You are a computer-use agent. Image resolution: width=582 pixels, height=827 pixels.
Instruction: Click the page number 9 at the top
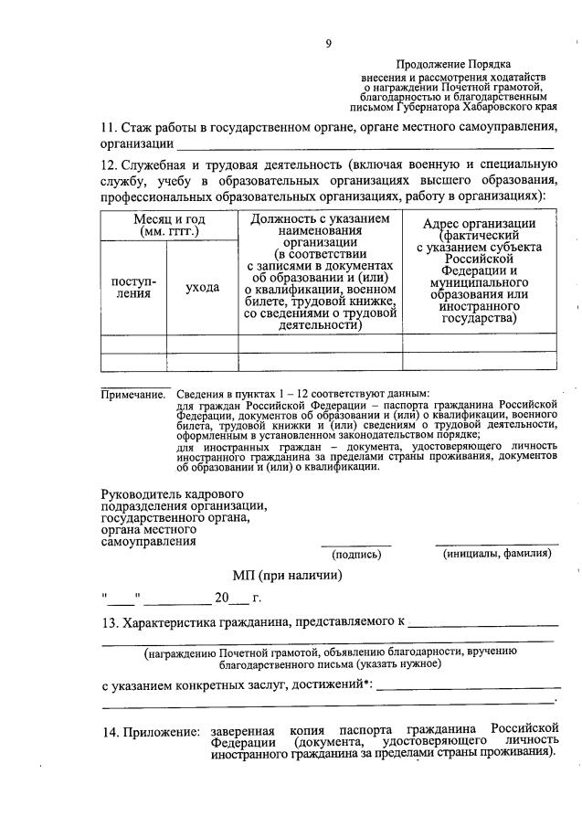click(328, 43)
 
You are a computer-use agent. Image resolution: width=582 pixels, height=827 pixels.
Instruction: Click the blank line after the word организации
click(365, 144)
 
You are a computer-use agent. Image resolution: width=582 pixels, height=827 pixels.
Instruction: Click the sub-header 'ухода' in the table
click(202, 288)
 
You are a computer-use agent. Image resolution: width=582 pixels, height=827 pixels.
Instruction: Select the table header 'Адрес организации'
click(480, 224)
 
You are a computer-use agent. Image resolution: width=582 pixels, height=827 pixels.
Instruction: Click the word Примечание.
click(132, 394)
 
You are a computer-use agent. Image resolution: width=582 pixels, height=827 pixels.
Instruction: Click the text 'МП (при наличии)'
click(287, 575)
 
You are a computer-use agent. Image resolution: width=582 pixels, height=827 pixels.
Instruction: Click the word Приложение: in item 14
click(161, 732)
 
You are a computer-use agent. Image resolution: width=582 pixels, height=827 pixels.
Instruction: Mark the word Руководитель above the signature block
click(140, 494)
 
